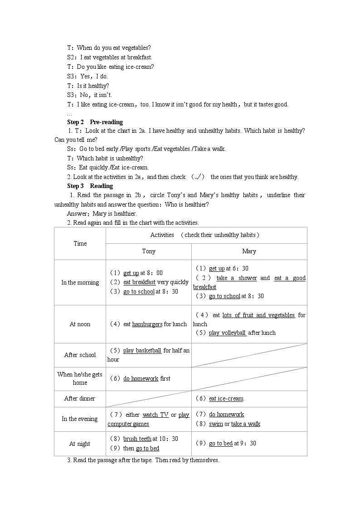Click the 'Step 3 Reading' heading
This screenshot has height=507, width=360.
point(90,186)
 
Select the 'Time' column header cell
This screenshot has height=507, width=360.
point(80,243)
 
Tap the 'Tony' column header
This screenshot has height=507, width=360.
point(149,251)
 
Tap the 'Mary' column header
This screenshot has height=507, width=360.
point(249,251)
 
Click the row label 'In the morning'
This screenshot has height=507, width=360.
point(80,282)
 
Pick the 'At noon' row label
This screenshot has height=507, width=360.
point(80,324)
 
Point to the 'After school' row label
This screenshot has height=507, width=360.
point(80,355)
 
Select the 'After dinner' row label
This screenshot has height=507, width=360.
point(80,398)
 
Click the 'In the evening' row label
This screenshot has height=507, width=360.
point(80,419)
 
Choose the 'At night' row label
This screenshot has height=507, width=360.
point(80,444)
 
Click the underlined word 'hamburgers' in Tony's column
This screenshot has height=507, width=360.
point(147,324)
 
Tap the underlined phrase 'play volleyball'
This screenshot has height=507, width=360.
point(227,333)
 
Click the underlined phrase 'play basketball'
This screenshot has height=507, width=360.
point(142,350)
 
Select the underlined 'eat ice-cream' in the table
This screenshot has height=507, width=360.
point(226,398)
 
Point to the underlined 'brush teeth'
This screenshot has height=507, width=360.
point(137,439)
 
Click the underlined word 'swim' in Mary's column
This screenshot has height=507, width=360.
point(216,424)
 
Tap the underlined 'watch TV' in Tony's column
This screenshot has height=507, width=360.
point(155,415)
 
